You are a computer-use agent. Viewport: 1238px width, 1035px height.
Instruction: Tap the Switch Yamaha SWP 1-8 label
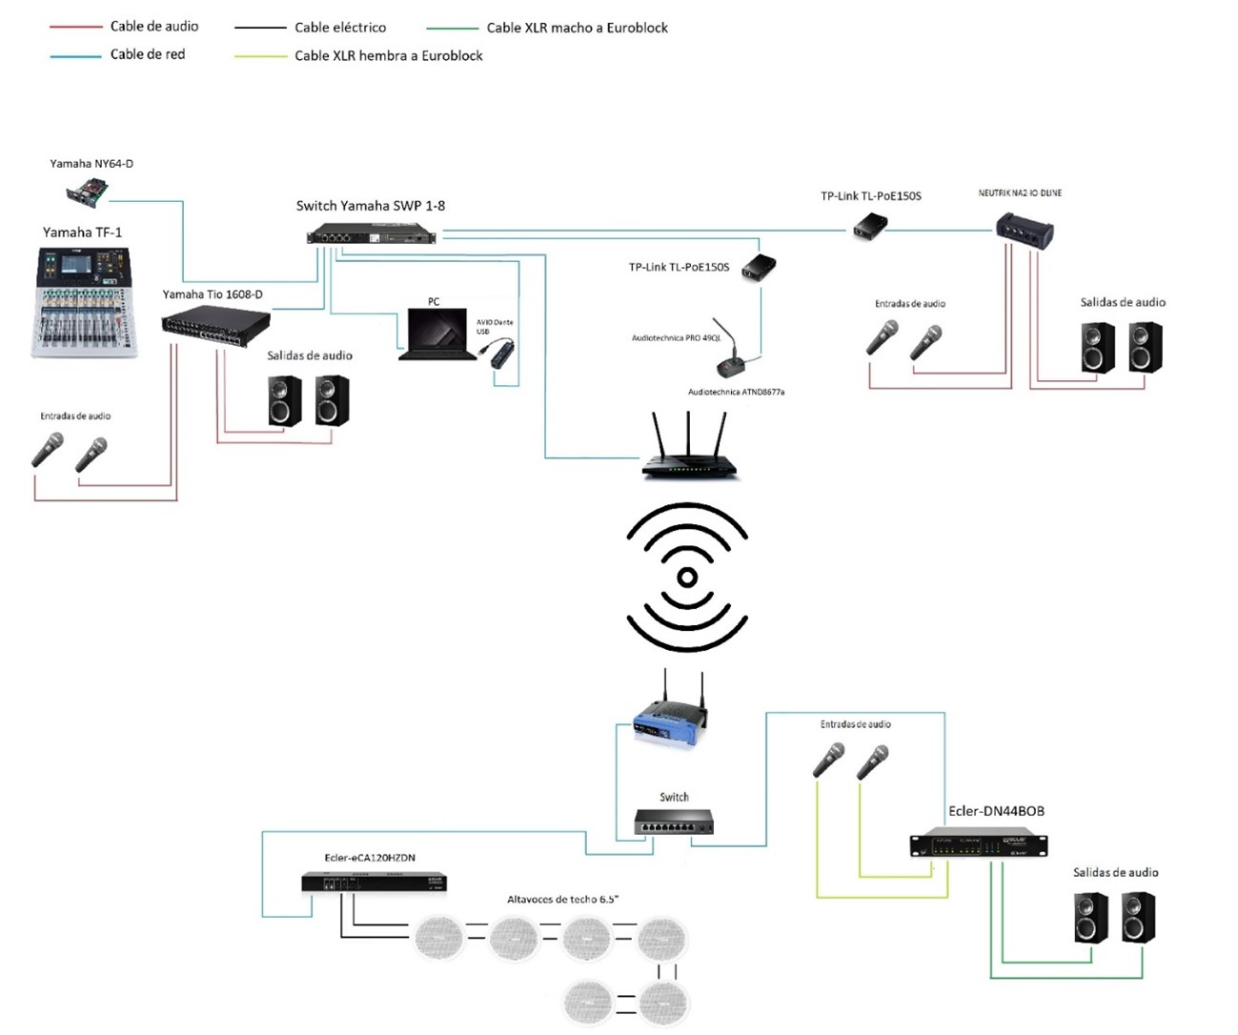[370, 206]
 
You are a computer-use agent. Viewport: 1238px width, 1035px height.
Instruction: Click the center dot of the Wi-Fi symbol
[687, 577]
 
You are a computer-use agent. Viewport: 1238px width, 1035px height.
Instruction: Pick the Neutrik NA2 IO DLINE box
[1025, 230]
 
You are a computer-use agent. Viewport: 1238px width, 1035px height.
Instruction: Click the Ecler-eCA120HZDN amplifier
[374, 883]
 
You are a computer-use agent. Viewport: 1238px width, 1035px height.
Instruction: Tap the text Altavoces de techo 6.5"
[562, 900]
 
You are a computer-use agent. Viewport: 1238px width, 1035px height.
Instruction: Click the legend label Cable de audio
[154, 27]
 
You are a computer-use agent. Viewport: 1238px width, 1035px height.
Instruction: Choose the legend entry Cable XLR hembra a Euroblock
[388, 56]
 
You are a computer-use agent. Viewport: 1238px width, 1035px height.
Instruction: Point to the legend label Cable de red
[148, 54]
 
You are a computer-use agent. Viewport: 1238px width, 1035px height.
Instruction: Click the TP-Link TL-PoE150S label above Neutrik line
[870, 196]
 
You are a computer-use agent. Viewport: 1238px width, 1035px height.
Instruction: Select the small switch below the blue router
[674, 822]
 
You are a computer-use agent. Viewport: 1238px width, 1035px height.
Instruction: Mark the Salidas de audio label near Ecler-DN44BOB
[1115, 873]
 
